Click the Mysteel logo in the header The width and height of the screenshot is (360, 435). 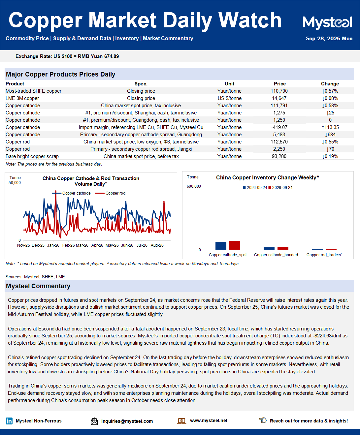pos(327,23)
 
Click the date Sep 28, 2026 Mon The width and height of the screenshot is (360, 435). pos(329,39)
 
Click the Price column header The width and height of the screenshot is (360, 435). pos(279,84)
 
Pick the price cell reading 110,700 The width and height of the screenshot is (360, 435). pos(279,91)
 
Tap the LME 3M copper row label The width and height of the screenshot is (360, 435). pos(22,98)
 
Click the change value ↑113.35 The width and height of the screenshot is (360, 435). pos(330,127)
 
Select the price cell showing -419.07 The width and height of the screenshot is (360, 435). pos(279,127)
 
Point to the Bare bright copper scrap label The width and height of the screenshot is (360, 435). pos(32,156)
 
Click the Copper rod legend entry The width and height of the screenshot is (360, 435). pos(110,193)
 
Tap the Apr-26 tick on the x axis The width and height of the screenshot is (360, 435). pos(97,245)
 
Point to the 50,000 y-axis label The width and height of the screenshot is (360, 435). pos(15,182)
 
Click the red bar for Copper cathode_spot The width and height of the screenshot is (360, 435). pos(235,245)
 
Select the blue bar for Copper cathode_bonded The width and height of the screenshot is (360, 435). pos(269,248)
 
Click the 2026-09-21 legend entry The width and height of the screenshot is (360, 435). pos(280,188)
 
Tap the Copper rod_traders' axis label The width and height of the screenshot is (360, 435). pos(324,255)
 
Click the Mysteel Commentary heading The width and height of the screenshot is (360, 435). pos(38,286)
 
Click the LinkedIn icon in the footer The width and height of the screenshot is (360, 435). pos(9,421)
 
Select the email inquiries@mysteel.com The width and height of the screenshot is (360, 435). pos(127,421)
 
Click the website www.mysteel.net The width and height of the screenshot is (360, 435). pos(209,420)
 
